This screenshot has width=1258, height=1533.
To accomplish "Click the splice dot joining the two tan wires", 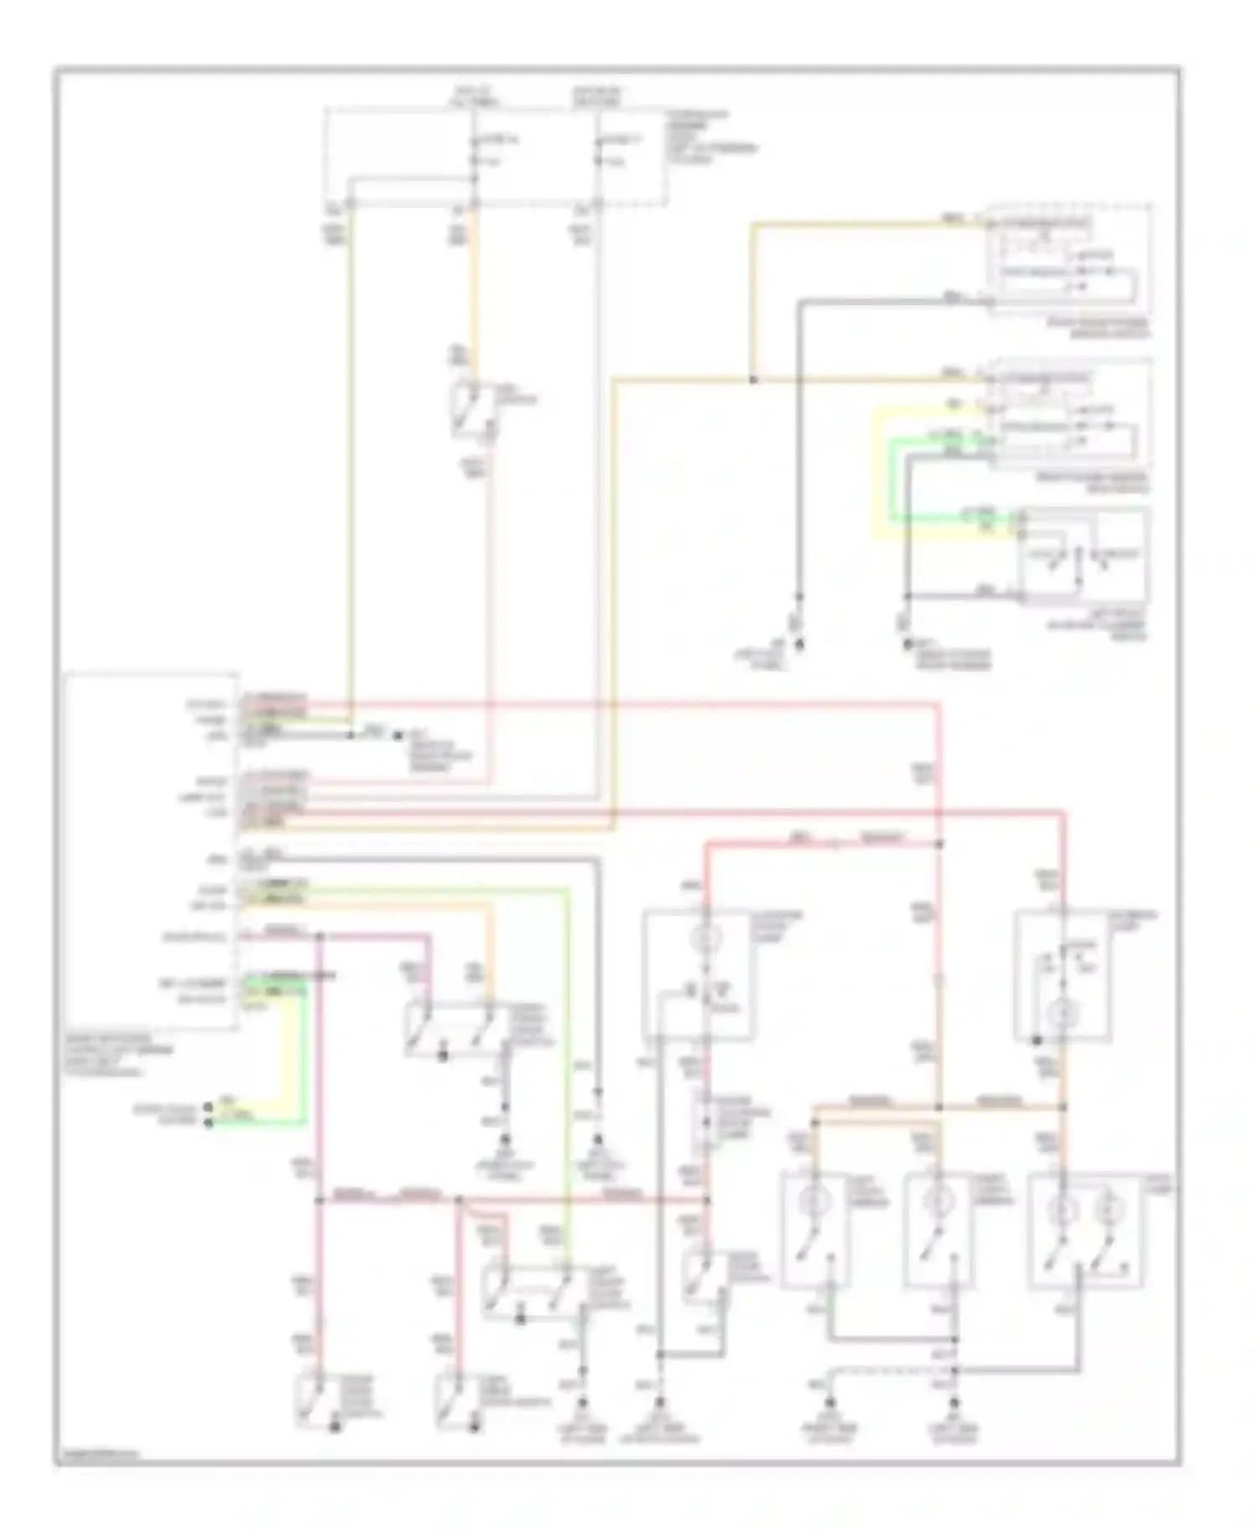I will (752, 380).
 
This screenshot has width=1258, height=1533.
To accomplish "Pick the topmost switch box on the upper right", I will (1069, 258).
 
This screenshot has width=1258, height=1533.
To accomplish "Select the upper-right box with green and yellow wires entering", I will (1069, 412).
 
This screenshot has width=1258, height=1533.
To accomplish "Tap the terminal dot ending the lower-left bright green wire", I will (208, 1123).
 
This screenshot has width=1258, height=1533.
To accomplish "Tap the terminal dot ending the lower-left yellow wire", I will (208, 1109).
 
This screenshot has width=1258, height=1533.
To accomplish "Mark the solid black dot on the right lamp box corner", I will (1037, 1041).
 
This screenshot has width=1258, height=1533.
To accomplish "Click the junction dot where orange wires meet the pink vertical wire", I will (938, 1107).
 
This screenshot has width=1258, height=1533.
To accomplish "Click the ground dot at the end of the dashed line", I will (830, 1401).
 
